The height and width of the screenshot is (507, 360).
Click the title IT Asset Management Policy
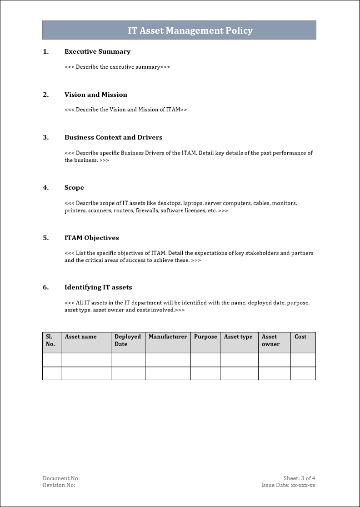click(190, 31)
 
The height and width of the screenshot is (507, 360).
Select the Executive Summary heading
click(97, 52)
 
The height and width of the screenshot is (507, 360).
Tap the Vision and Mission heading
click(96, 95)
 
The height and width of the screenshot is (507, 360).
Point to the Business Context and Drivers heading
click(113, 137)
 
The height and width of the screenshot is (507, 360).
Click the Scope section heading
click(74, 188)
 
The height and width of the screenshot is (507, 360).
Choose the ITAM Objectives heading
click(92, 238)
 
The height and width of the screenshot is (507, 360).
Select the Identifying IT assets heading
click(98, 287)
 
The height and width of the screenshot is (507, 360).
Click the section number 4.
click(45, 188)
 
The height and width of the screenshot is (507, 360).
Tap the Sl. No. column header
click(50, 341)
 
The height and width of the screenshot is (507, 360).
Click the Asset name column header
click(81, 337)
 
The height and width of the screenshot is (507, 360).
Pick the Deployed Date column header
click(128, 341)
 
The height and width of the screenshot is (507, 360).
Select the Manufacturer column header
click(168, 337)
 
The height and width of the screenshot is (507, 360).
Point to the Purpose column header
click(205, 337)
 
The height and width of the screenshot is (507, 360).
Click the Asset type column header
click(238, 337)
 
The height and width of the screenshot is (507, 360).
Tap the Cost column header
click(300, 337)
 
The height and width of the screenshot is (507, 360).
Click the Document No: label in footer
click(61, 478)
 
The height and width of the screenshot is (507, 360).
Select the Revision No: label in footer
click(59, 485)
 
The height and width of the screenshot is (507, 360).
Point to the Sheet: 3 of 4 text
click(300, 478)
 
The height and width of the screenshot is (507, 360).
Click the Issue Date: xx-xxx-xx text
click(288, 485)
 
